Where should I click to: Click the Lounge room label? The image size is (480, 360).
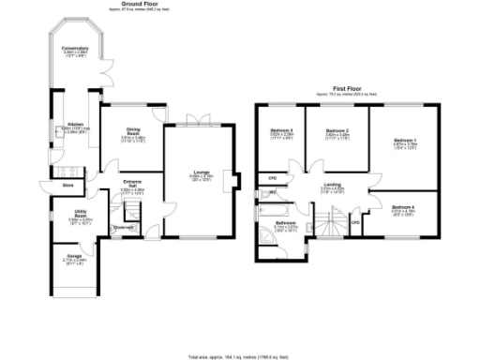(x=202, y=172)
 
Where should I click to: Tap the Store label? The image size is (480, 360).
(x=67, y=186)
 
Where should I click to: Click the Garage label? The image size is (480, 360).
(x=72, y=256)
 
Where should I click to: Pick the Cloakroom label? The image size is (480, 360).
(x=123, y=227)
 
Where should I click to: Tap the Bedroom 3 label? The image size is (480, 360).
(x=282, y=130)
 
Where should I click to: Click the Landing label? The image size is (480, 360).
(x=333, y=185)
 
